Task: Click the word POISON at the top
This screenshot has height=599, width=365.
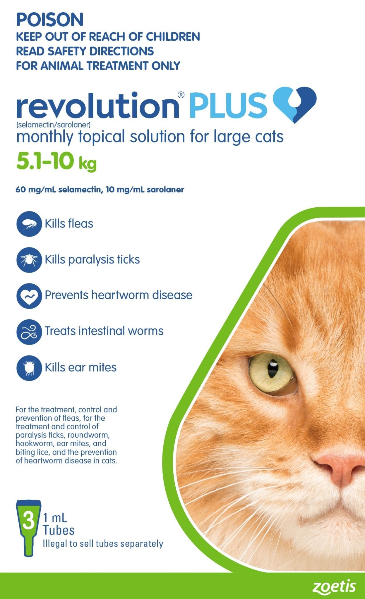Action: [50, 20]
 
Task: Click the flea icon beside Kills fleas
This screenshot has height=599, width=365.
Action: [29, 224]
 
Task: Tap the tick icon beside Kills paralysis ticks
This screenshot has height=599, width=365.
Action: [29, 260]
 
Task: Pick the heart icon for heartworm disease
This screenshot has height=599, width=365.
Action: [29, 295]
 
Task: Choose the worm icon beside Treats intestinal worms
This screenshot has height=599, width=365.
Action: [29, 331]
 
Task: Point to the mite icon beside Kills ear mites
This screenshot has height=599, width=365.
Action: [29, 367]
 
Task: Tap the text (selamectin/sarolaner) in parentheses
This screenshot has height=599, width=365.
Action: [53, 125]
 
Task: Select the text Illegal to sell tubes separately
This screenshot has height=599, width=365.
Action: [103, 544]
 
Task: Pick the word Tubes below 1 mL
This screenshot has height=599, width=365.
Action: [59, 530]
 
